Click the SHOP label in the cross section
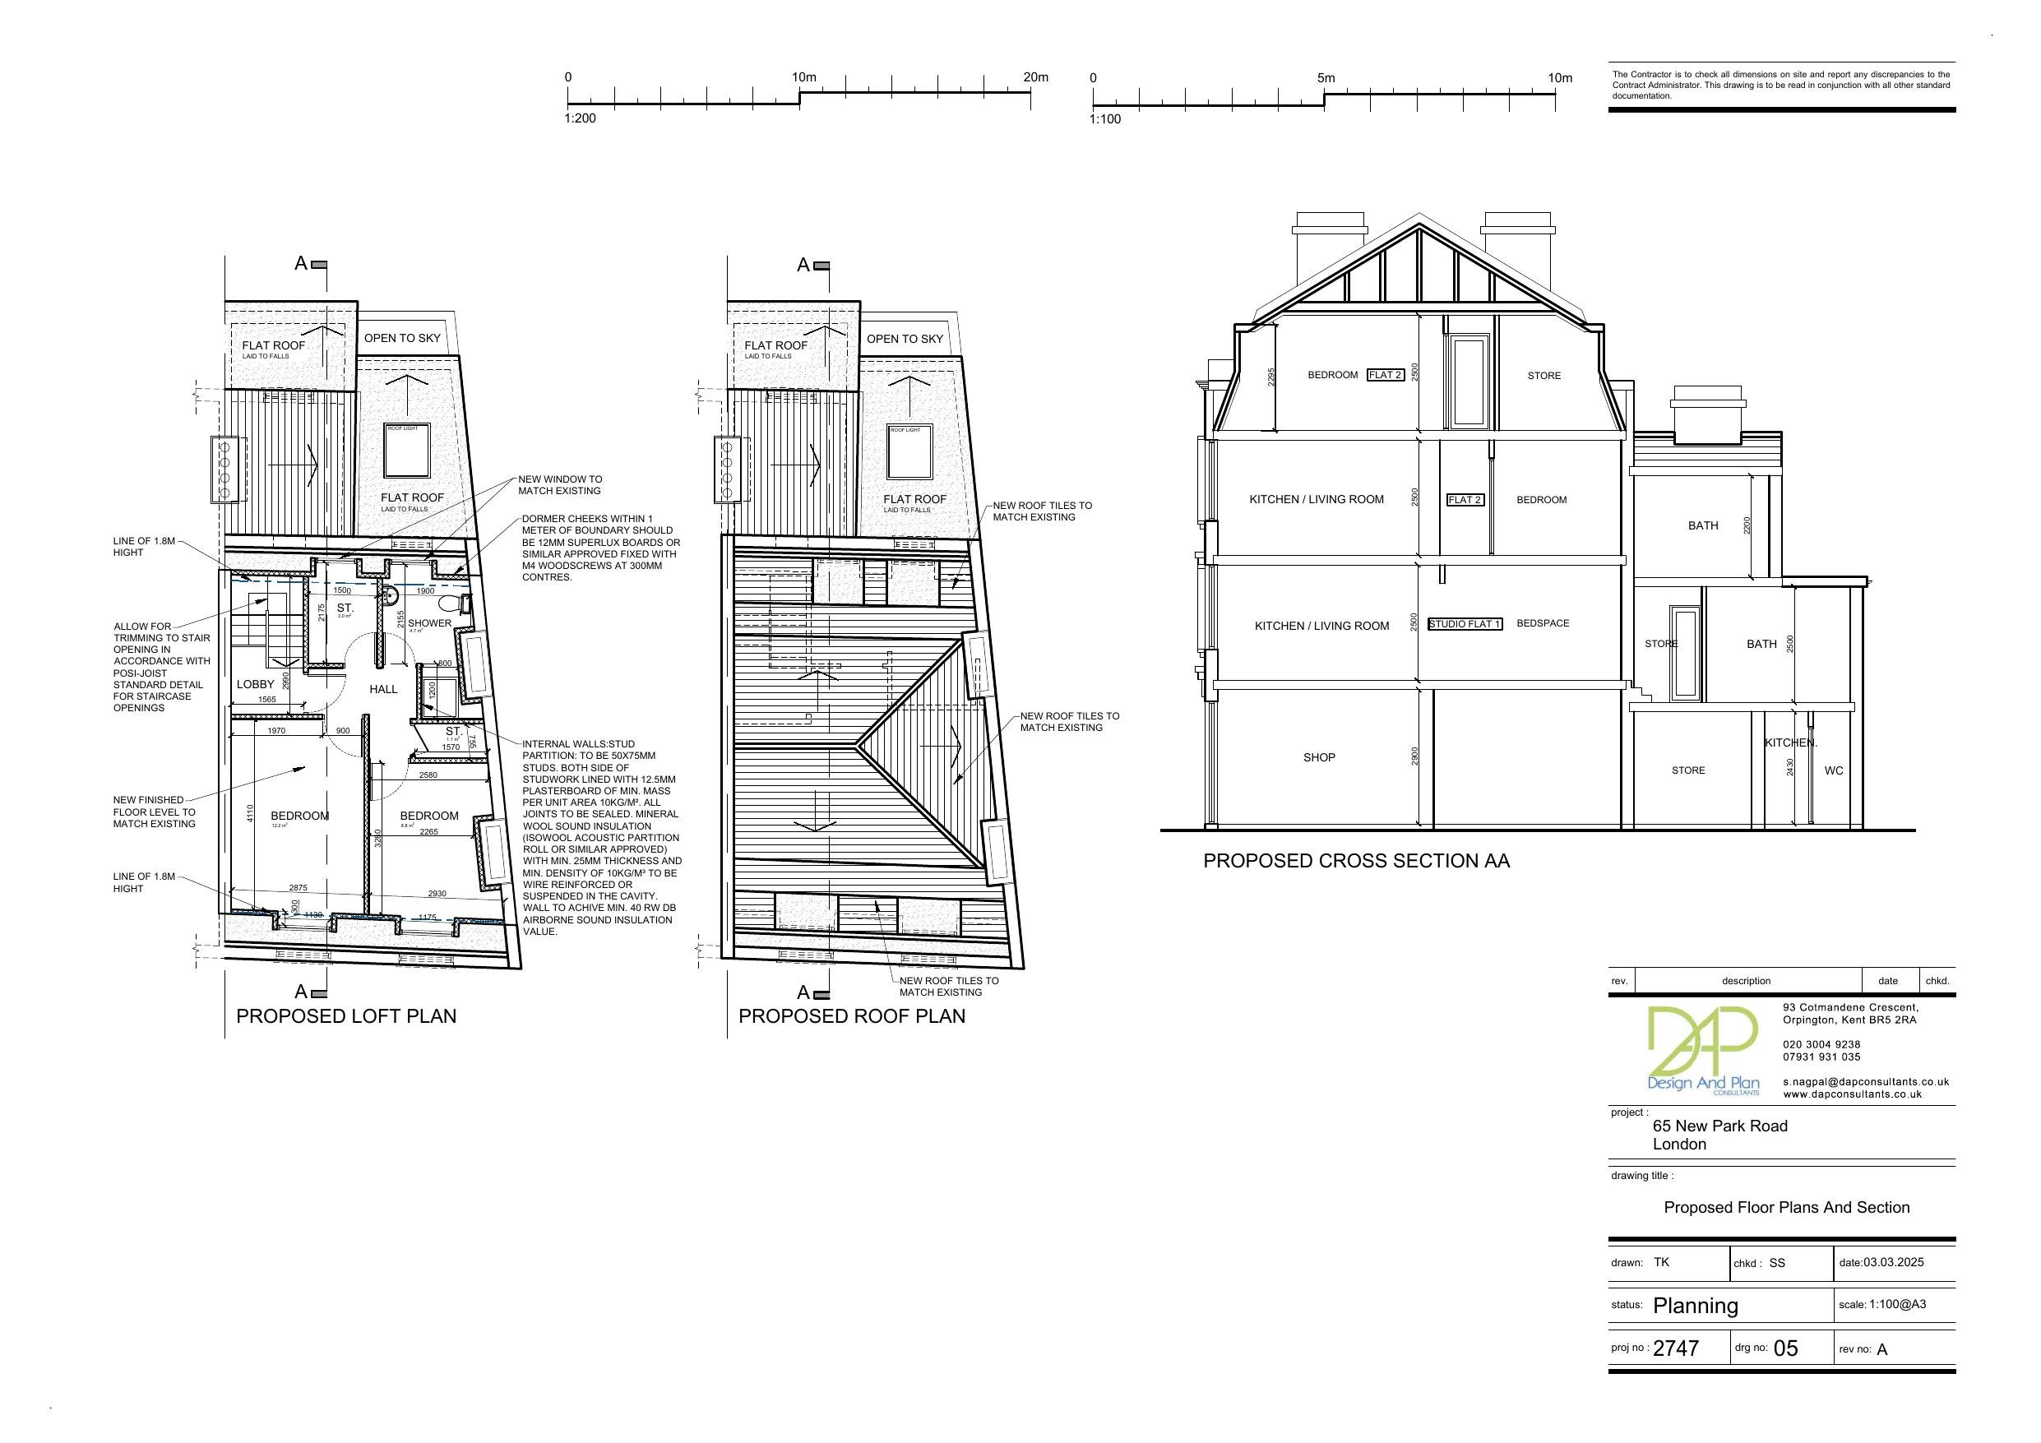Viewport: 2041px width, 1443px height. coord(1318,757)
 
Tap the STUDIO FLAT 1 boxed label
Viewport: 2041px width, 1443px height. coord(1464,624)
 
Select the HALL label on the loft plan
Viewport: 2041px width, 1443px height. coord(383,689)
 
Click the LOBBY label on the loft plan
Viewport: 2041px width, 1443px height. coord(255,685)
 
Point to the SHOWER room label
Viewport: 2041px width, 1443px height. coord(429,623)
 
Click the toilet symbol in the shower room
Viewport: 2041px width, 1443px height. coord(451,604)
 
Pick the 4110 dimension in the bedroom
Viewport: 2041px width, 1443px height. coord(251,813)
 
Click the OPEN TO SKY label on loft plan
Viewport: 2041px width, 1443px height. coord(402,338)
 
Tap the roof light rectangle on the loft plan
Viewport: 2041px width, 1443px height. coord(407,450)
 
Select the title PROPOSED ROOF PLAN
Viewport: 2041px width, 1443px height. coord(852,1016)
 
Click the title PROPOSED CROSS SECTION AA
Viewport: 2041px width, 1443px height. coord(1356,861)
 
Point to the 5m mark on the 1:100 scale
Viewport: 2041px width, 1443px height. coord(1325,78)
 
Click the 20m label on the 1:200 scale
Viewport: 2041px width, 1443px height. coord(1034,77)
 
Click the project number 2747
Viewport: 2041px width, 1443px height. coord(1676,1348)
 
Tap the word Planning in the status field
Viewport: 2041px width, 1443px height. coord(1695,1305)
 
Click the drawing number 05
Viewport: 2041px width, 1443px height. coord(1785,1348)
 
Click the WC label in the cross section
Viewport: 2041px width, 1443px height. coord(1834,771)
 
